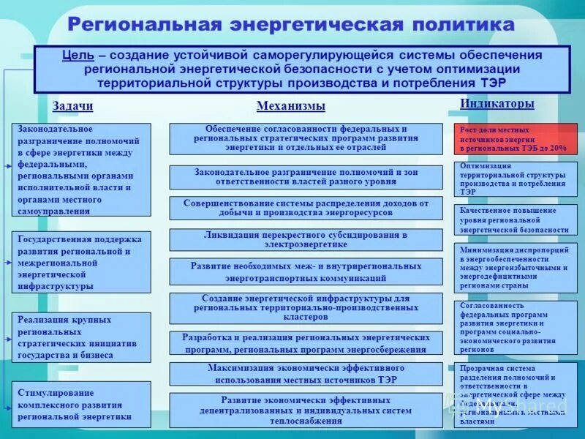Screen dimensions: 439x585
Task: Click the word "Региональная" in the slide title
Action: tap(144, 24)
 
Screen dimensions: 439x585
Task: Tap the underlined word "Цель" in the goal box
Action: tap(76, 56)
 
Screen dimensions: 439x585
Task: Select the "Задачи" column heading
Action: tap(72, 106)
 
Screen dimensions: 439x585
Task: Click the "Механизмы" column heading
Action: tap(290, 106)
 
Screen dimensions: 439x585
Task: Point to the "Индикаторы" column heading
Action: tap(497, 104)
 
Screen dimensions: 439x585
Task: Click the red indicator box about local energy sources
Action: tap(515, 139)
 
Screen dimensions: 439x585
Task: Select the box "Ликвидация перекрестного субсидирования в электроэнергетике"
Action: tap(306, 240)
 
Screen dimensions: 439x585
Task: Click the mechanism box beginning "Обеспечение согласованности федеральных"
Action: tap(306, 138)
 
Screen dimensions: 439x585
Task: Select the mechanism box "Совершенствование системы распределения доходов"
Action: tap(306, 208)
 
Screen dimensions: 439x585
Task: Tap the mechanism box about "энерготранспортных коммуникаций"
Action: tap(306, 272)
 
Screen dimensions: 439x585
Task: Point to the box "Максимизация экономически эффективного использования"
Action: tap(306, 374)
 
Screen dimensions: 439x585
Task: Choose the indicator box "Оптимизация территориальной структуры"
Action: tap(515, 179)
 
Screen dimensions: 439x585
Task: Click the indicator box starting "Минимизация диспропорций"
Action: tap(515, 268)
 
